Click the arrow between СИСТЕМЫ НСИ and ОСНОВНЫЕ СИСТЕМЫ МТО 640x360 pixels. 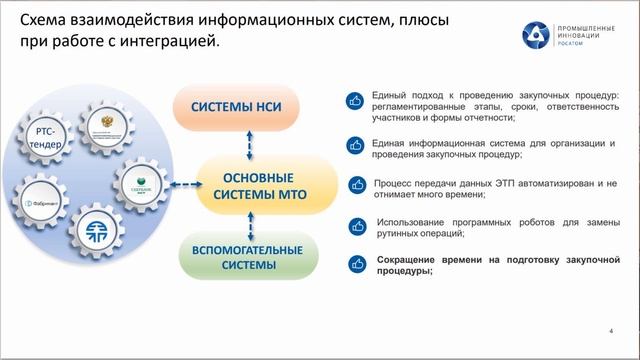(x=243, y=141)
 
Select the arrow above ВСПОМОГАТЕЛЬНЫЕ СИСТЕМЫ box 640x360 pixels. (x=243, y=224)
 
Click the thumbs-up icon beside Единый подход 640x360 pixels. (x=354, y=101)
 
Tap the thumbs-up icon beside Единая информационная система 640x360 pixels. (x=354, y=146)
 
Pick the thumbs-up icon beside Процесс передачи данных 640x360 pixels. (x=354, y=186)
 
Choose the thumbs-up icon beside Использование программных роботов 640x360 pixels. (x=354, y=225)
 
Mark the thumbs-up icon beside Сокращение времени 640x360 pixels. (x=354, y=264)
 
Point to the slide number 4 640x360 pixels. (x=610, y=330)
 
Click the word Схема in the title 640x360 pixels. (x=45, y=21)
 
